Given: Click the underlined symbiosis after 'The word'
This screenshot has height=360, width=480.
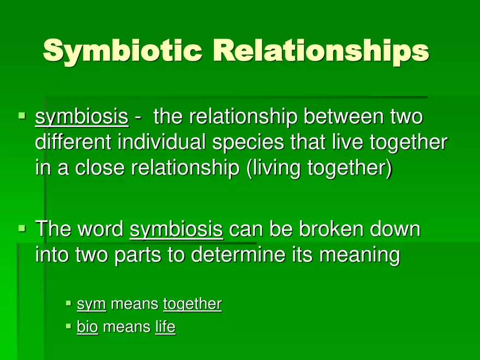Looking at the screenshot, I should coord(176,230).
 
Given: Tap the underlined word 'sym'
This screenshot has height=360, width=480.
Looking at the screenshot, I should coord(91,304).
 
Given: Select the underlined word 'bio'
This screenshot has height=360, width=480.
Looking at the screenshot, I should coord(87,327).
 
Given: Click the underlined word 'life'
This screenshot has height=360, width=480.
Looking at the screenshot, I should coord(165,327).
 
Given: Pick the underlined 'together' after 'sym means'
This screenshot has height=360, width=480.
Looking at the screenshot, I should coord(192,304).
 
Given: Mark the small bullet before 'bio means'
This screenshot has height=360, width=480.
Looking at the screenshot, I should coord(68,326).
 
